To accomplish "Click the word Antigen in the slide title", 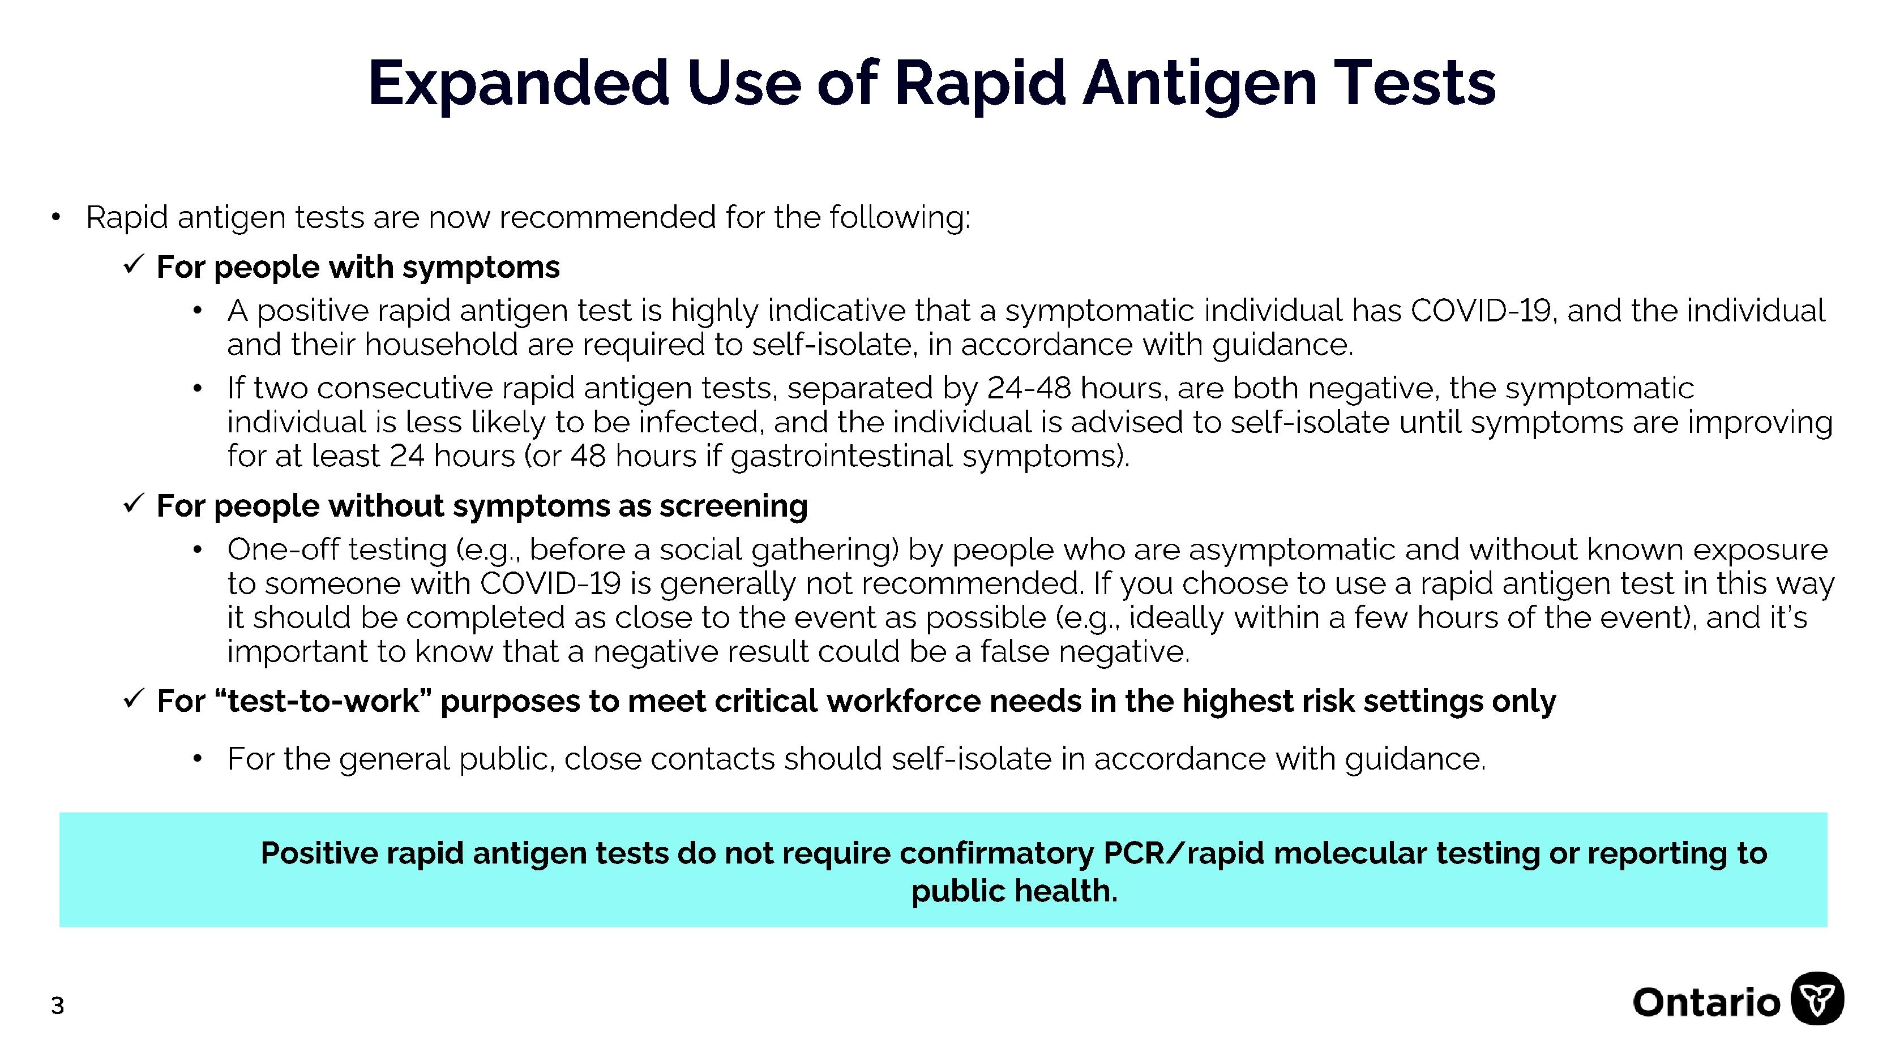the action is (x=1199, y=84).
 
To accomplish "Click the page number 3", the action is (x=58, y=1006).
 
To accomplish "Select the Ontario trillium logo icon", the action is (x=1817, y=999).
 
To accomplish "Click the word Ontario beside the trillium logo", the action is (x=1706, y=1002).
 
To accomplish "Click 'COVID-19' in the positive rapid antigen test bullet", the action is (x=1480, y=311).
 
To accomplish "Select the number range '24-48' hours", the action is (x=1029, y=388).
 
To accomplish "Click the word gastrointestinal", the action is (x=842, y=457).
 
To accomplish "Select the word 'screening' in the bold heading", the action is (x=734, y=506).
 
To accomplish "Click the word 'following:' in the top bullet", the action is (x=900, y=218).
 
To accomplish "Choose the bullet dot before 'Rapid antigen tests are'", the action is (x=55, y=217).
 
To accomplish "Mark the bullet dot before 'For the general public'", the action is (x=197, y=759).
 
